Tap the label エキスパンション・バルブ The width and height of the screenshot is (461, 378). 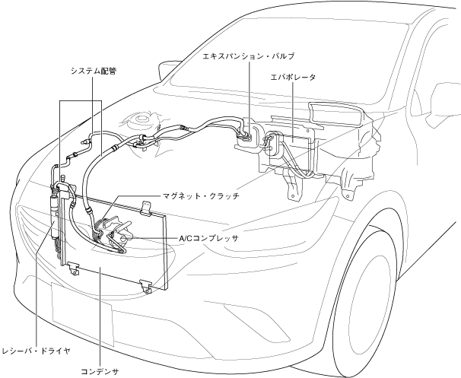click(x=248, y=56)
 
